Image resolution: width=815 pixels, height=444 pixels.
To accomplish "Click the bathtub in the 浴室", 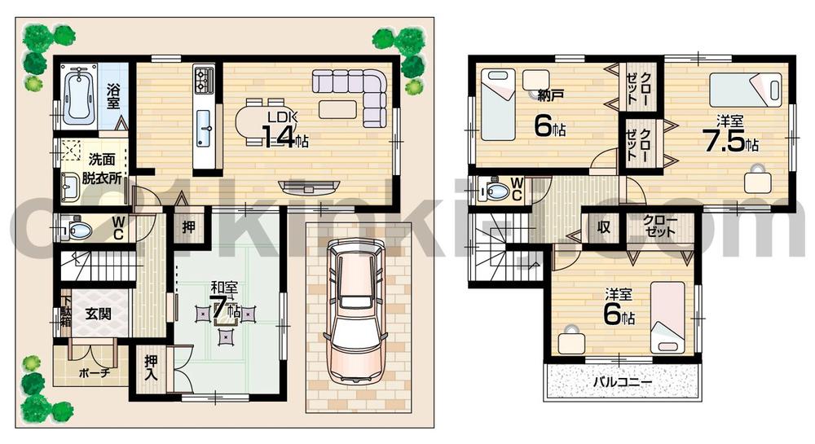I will coord(79,95).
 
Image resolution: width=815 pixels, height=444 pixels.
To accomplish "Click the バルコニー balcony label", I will coord(621,381).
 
